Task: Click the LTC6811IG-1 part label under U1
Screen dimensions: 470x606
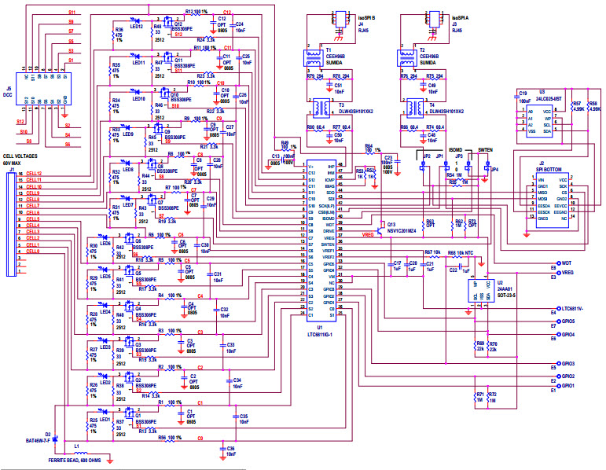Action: [320, 332]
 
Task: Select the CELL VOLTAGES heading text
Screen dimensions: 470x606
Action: [21, 156]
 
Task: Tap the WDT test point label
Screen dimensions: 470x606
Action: [567, 263]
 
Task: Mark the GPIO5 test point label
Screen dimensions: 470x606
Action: [569, 321]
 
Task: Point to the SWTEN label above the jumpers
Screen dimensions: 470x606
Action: [485, 149]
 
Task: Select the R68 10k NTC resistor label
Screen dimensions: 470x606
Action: [460, 252]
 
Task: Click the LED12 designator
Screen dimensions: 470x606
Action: [137, 27]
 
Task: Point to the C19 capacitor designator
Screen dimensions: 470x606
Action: [522, 93]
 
